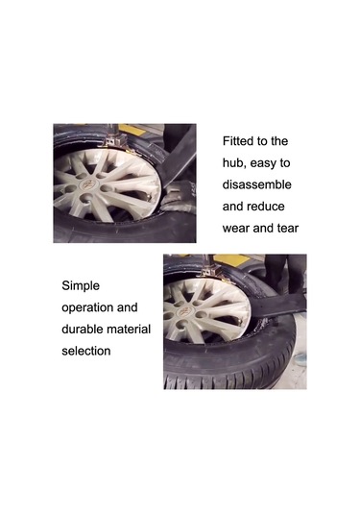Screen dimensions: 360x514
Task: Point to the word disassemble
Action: click(257, 184)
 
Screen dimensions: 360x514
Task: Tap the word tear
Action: click(287, 229)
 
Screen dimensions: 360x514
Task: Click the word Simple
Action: click(81, 286)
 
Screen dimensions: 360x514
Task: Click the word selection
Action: click(86, 351)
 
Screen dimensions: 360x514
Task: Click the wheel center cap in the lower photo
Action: click(183, 312)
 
